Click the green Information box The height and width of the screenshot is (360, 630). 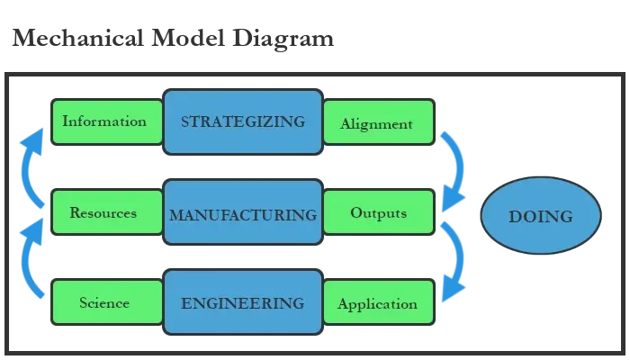pos(106,121)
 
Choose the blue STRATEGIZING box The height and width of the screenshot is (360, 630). pos(243,121)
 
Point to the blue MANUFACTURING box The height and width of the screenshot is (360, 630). pos(243,214)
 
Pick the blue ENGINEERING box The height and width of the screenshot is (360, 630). pos(243,302)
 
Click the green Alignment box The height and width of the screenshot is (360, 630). pos(377,123)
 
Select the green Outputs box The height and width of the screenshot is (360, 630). pos(377,213)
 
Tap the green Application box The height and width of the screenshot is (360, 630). pos(377,303)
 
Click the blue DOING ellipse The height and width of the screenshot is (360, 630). pos(540,216)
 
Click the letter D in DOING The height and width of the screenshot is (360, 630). pos(516,216)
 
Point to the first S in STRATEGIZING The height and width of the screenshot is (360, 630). pos(185,121)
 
